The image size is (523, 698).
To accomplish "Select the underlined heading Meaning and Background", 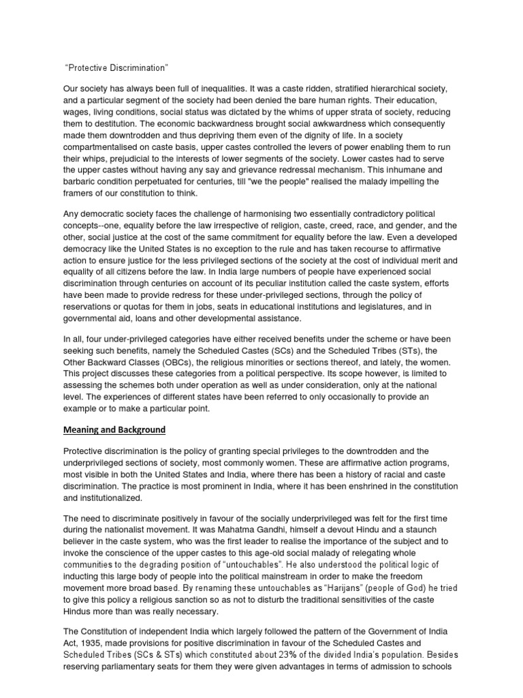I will tap(114, 430).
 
